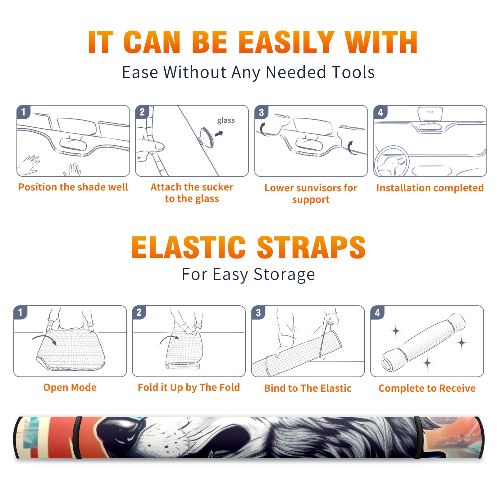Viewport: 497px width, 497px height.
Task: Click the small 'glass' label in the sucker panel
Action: click(226, 121)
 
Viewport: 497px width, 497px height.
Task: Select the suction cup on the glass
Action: click(207, 137)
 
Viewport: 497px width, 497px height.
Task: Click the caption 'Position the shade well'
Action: click(73, 187)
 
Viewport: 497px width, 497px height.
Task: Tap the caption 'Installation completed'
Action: click(430, 188)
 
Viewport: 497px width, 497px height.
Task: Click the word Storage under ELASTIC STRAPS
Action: click(284, 275)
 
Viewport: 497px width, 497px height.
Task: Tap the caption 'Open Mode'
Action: click(70, 387)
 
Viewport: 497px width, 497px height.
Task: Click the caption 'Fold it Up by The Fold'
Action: click(189, 388)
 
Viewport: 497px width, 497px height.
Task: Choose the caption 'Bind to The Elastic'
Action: click(308, 388)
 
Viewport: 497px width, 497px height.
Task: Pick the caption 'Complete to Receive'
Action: click(427, 388)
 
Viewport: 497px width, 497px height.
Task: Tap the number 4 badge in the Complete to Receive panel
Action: click(377, 312)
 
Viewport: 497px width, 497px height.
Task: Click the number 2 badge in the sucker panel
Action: click(142, 112)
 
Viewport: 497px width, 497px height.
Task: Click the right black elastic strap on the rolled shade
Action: click(418, 437)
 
